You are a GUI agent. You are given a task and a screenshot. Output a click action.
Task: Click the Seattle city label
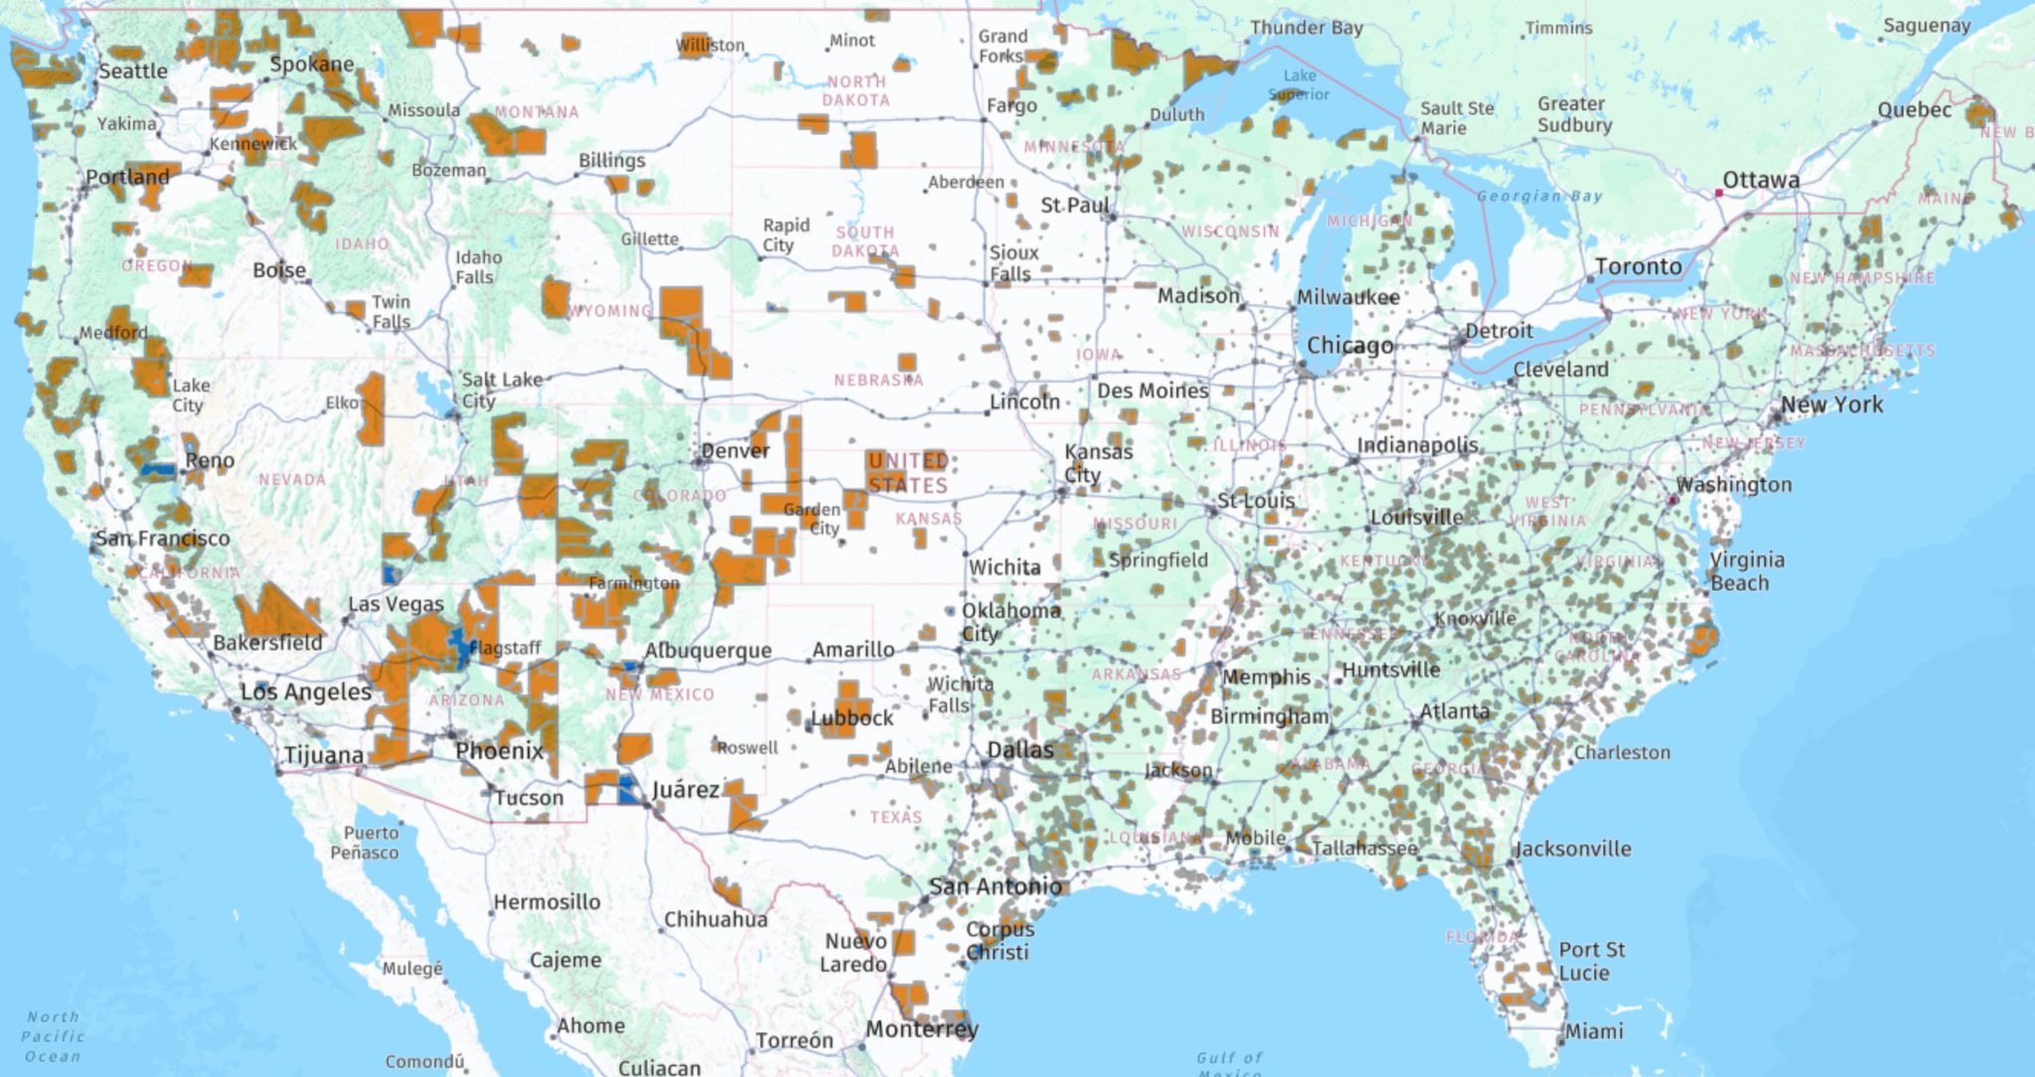click(132, 72)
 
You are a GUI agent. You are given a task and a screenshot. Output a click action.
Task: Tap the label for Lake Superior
click(1299, 85)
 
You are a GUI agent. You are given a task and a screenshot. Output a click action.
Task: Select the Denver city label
click(735, 451)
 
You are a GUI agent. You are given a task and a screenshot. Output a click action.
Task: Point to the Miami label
click(1594, 1032)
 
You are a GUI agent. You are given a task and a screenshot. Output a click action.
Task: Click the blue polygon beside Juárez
click(627, 790)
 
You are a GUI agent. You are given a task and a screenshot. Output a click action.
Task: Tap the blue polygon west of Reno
click(157, 469)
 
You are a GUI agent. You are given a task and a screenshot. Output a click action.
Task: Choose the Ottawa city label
click(1761, 181)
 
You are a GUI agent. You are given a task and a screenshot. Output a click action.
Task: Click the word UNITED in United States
click(907, 461)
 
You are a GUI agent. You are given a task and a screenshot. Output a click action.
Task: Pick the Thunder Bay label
click(1306, 28)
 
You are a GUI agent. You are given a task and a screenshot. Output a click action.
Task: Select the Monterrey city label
click(921, 1029)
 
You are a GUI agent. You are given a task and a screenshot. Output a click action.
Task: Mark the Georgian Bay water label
click(1539, 197)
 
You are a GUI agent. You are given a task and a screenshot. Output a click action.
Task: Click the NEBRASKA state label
click(878, 381)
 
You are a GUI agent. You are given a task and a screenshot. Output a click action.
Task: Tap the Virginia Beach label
click(1746, 571)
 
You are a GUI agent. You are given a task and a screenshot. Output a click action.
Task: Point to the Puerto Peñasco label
click(365, 843)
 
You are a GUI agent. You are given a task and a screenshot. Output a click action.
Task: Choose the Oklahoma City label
click(1010, 622)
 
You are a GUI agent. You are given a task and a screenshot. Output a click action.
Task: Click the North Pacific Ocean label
click(54, 1036)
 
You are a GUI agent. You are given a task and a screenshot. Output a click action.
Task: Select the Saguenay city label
click(1926, 26)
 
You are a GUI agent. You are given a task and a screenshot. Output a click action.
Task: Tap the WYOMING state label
click(610, 311)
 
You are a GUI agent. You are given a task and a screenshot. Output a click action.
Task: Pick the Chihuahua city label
click(715, 920)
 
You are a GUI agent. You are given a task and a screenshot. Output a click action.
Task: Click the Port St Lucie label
click(1591, 961)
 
